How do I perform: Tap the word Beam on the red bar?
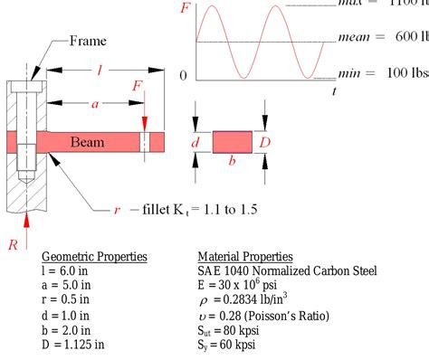click(x=88, y=141)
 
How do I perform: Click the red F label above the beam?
click(x=136, y=87)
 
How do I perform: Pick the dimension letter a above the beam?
click(x=95, y=104)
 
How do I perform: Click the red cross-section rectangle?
click(x=233, y=142)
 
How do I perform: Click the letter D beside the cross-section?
click(x=264, y=141)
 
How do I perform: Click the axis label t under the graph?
click(x=334, y=90)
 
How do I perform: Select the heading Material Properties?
click(x=244, y=257)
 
